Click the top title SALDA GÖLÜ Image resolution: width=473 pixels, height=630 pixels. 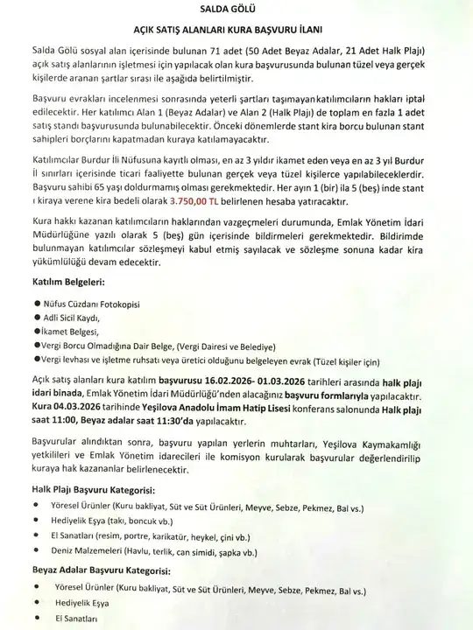coord(236,8)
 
